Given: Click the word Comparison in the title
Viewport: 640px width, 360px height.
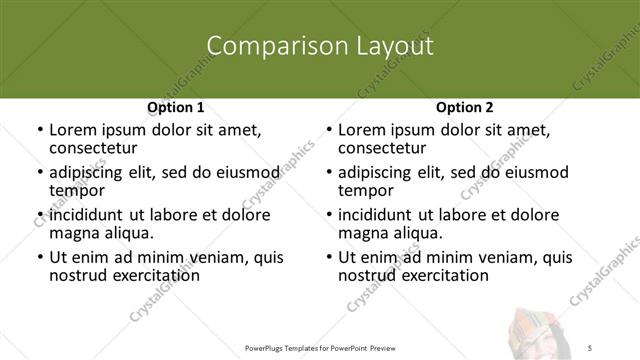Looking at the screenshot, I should coord(267,46).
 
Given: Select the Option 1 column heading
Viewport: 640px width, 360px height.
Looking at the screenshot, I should coord(176,107).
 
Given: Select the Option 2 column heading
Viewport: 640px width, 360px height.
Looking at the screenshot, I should coord(465,107).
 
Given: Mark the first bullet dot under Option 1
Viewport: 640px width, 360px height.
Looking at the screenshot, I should coord(39,131).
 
